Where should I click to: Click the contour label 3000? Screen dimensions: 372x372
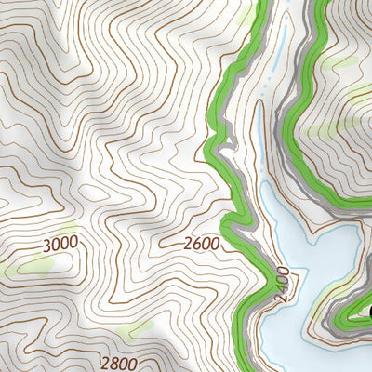point(60,244)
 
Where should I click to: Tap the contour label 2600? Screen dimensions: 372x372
point(202,244)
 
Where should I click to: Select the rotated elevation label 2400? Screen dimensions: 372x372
point(283,282)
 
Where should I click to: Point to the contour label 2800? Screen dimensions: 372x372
point(118,364)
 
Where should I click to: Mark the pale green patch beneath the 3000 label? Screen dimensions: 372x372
point(35,266)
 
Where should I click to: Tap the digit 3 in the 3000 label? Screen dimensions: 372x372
point(46,244)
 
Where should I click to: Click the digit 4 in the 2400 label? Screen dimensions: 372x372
point(283,287)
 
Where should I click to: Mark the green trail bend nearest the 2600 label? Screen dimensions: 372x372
point(230,223)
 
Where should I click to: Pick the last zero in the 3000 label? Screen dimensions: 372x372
point(73,244)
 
